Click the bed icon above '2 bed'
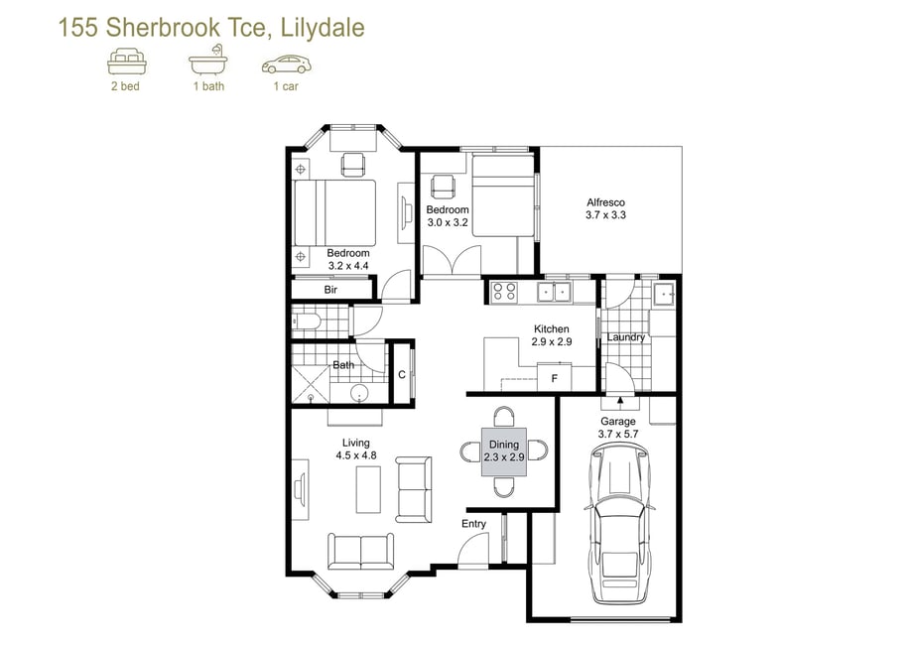click(x=127, y=61)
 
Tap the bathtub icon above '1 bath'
click(x=207, y=60)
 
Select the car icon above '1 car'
click(x=287, y=64)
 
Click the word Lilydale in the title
click(x=323, y=28)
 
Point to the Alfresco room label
click(x=605, y=202)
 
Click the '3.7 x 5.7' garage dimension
click(x=618, y=434)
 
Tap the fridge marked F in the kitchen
click(x=555, y=376)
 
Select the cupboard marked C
click(x=402, y=374)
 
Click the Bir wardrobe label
click(x=330, y=290)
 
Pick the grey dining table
click(x=504, y=452)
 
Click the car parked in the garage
click(x=618, y=523)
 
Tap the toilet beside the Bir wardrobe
click(x=307, y=322)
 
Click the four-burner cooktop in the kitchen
click(x=504, y=292)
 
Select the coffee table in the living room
click(x=368, y=490)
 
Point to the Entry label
click(x=473, y=524)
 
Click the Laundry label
click(x=626, y=337)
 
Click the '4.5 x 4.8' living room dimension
click(x=356, y=455)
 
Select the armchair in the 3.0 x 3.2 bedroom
click(x=442, y=186)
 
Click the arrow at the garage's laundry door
click(x=620, y=400)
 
